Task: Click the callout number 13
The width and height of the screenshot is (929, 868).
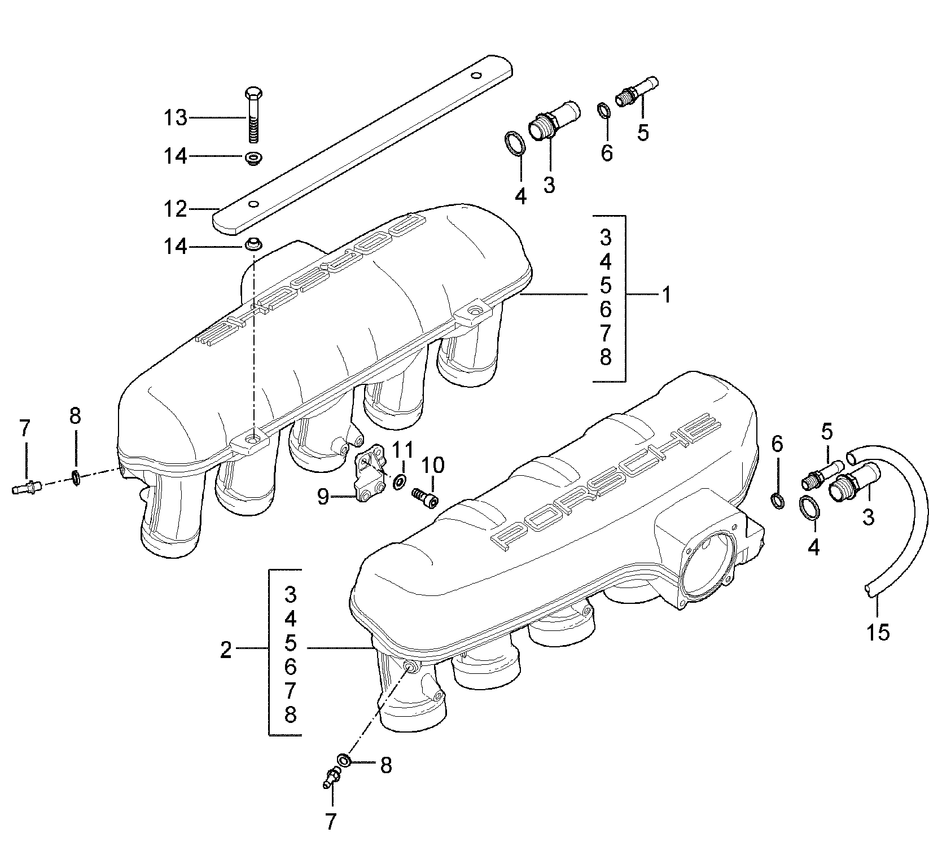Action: point(175,119)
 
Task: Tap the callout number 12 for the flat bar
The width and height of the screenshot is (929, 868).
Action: point(175,210)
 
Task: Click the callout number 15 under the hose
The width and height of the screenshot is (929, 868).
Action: point(878,632)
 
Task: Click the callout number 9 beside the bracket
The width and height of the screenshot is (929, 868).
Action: point(323,497)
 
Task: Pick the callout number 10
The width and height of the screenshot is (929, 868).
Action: point(432,466)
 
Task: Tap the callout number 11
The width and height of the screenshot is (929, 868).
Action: point(402,450)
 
